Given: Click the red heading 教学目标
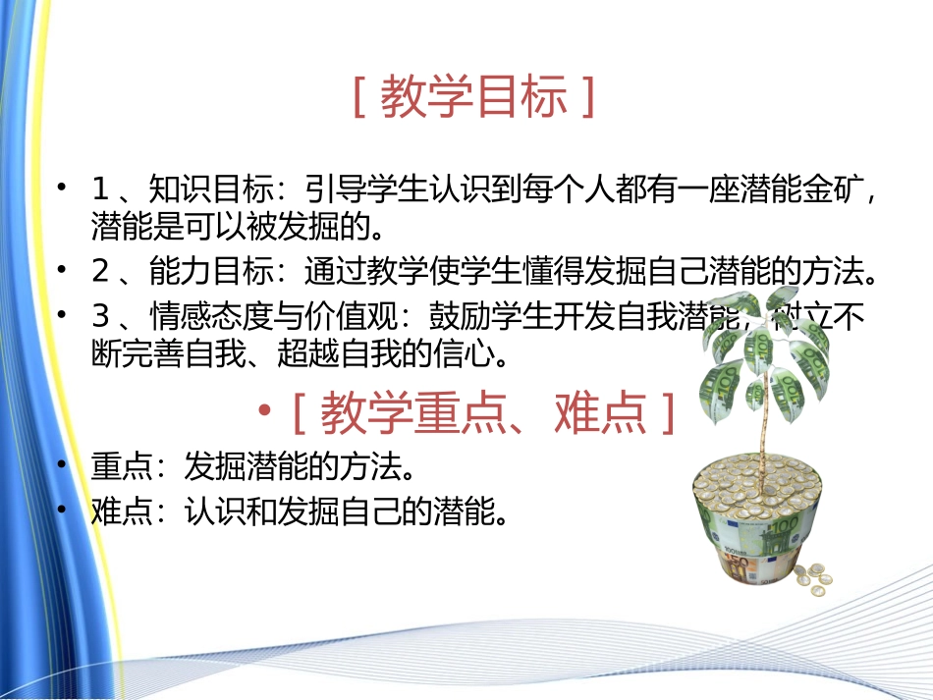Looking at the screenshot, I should tap(472, 98).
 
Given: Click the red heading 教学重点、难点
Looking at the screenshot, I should tap(482, 413).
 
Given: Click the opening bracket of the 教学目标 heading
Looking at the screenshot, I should tap(359, 98).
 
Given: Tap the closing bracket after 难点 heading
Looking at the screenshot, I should tap(668, 413).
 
